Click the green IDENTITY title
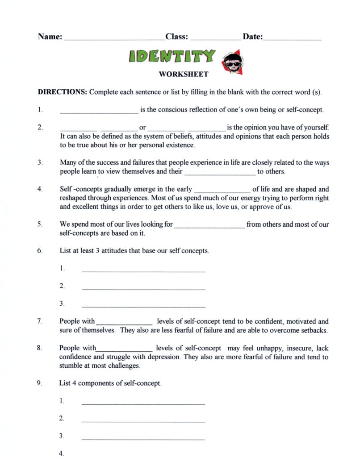pyautogui.click(x=172, y=56)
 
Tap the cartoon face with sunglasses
pyautogui.click(x=233, y=63)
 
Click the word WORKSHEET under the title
pyautogui.click(x=183, y=75)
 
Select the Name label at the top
pyautogui.click(x=50, y=37)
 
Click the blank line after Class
pyautogui.click(x=215, y=39)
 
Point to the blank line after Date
pyautogui.click(x=292, y=39)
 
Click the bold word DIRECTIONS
pyautogui.click(x=62, y=92)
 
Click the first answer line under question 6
pyautogui.click(x=144, y=271)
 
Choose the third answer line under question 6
pyautogui.click(x=144, y=307)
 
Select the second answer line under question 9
pyautogui.click(x=143, y=421)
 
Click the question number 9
pyautogui.click(x=40, y=383)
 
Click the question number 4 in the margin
pyautogui.click(x=40, y=189)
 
